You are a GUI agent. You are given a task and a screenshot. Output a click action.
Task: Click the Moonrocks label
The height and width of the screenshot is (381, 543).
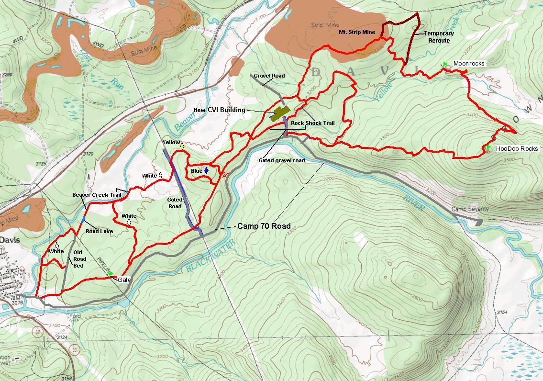tap(468, 64)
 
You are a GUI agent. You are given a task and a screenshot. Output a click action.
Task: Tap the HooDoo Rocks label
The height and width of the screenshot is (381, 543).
tap(517, 149)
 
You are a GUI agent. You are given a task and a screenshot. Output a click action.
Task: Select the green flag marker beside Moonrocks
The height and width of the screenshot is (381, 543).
tap(445, 64)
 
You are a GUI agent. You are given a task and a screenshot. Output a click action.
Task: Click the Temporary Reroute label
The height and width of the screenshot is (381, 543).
tap(439, 37)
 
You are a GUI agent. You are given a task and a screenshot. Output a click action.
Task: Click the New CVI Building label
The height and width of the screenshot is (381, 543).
tap(220, 110)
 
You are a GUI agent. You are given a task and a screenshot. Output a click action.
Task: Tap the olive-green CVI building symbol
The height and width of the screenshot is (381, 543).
tap(280, 113)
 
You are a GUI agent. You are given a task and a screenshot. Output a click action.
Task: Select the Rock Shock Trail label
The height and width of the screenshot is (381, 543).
tap(313, 123)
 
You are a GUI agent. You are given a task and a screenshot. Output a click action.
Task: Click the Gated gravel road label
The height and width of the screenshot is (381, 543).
tap(281, 160)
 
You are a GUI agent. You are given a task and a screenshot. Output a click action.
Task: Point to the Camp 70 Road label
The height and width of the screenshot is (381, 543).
tap(264, 226)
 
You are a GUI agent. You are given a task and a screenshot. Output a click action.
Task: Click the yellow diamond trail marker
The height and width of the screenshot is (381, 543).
tap(182, 145)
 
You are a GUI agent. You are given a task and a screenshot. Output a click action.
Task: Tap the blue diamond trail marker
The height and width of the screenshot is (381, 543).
tap(206, 170)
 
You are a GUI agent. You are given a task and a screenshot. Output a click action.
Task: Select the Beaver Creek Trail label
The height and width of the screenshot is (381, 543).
tap(97, 195)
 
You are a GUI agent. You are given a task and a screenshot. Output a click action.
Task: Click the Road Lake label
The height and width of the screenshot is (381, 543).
tap(99, 231)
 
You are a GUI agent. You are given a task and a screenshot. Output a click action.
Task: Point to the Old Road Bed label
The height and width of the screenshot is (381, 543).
tap(79, 259)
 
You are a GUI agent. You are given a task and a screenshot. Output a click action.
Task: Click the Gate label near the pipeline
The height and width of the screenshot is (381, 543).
tap(124, 280)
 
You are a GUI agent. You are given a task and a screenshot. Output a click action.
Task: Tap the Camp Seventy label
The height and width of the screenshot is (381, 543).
tap(470, 209)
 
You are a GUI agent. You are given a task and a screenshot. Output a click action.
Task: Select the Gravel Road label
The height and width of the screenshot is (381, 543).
tap(269, 76)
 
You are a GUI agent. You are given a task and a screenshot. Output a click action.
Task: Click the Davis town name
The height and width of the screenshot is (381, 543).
tap(10, 239)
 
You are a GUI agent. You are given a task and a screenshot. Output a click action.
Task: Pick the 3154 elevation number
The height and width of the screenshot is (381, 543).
tap(502, 312)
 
